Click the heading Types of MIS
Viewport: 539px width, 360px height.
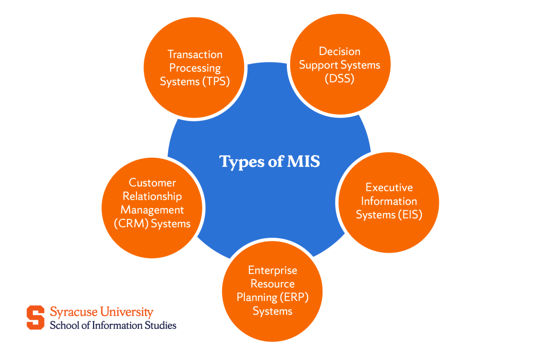tap(269, 161)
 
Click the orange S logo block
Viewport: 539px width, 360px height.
tap(35, 317)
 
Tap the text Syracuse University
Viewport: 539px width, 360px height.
tap(102, 312)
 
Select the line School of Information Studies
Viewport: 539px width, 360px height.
tap(113, 325)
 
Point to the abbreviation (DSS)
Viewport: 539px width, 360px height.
tap(340, 79)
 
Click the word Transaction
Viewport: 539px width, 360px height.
tap(195, 54)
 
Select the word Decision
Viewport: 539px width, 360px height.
tap(340, 51)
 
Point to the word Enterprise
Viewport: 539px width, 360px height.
tap(273, 270)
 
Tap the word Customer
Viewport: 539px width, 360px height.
tap(152, 182)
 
